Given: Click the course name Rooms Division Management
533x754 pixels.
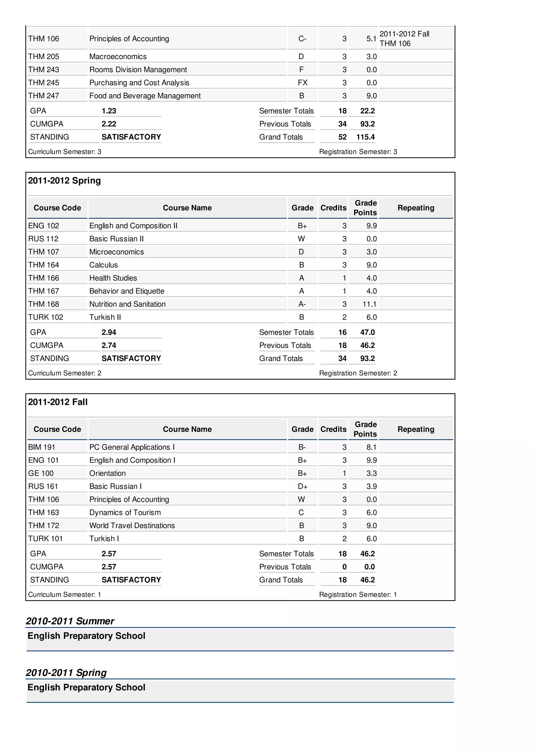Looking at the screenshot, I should coord(138,70).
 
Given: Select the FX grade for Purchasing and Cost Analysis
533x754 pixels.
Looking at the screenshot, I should coord(302,83).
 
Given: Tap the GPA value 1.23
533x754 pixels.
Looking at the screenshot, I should coord(109,111).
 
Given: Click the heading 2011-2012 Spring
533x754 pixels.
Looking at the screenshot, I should coord(64,181).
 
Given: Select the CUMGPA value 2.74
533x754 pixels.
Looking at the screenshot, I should coord(109,346).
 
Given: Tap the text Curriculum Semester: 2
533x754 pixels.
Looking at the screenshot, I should coord(65,373).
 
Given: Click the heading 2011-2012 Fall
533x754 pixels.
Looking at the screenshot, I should coord(58,402).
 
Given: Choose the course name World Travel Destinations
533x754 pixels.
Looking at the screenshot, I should coord(132,526).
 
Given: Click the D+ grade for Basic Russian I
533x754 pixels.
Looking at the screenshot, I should coord(302,486).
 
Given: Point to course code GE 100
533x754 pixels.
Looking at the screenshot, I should coord(41,473).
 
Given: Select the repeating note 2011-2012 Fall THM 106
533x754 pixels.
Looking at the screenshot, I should coord(404,39).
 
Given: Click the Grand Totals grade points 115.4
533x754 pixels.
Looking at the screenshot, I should coord(365,137).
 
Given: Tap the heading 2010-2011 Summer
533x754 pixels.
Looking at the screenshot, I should coord(70,621).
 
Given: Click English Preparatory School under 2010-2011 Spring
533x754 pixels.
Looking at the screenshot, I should coord(86,687).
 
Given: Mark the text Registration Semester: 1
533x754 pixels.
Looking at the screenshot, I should coord(358,595).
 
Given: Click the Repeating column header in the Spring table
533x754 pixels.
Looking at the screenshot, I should coord(416,208).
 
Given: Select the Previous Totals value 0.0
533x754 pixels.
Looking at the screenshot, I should coord(370,567).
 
